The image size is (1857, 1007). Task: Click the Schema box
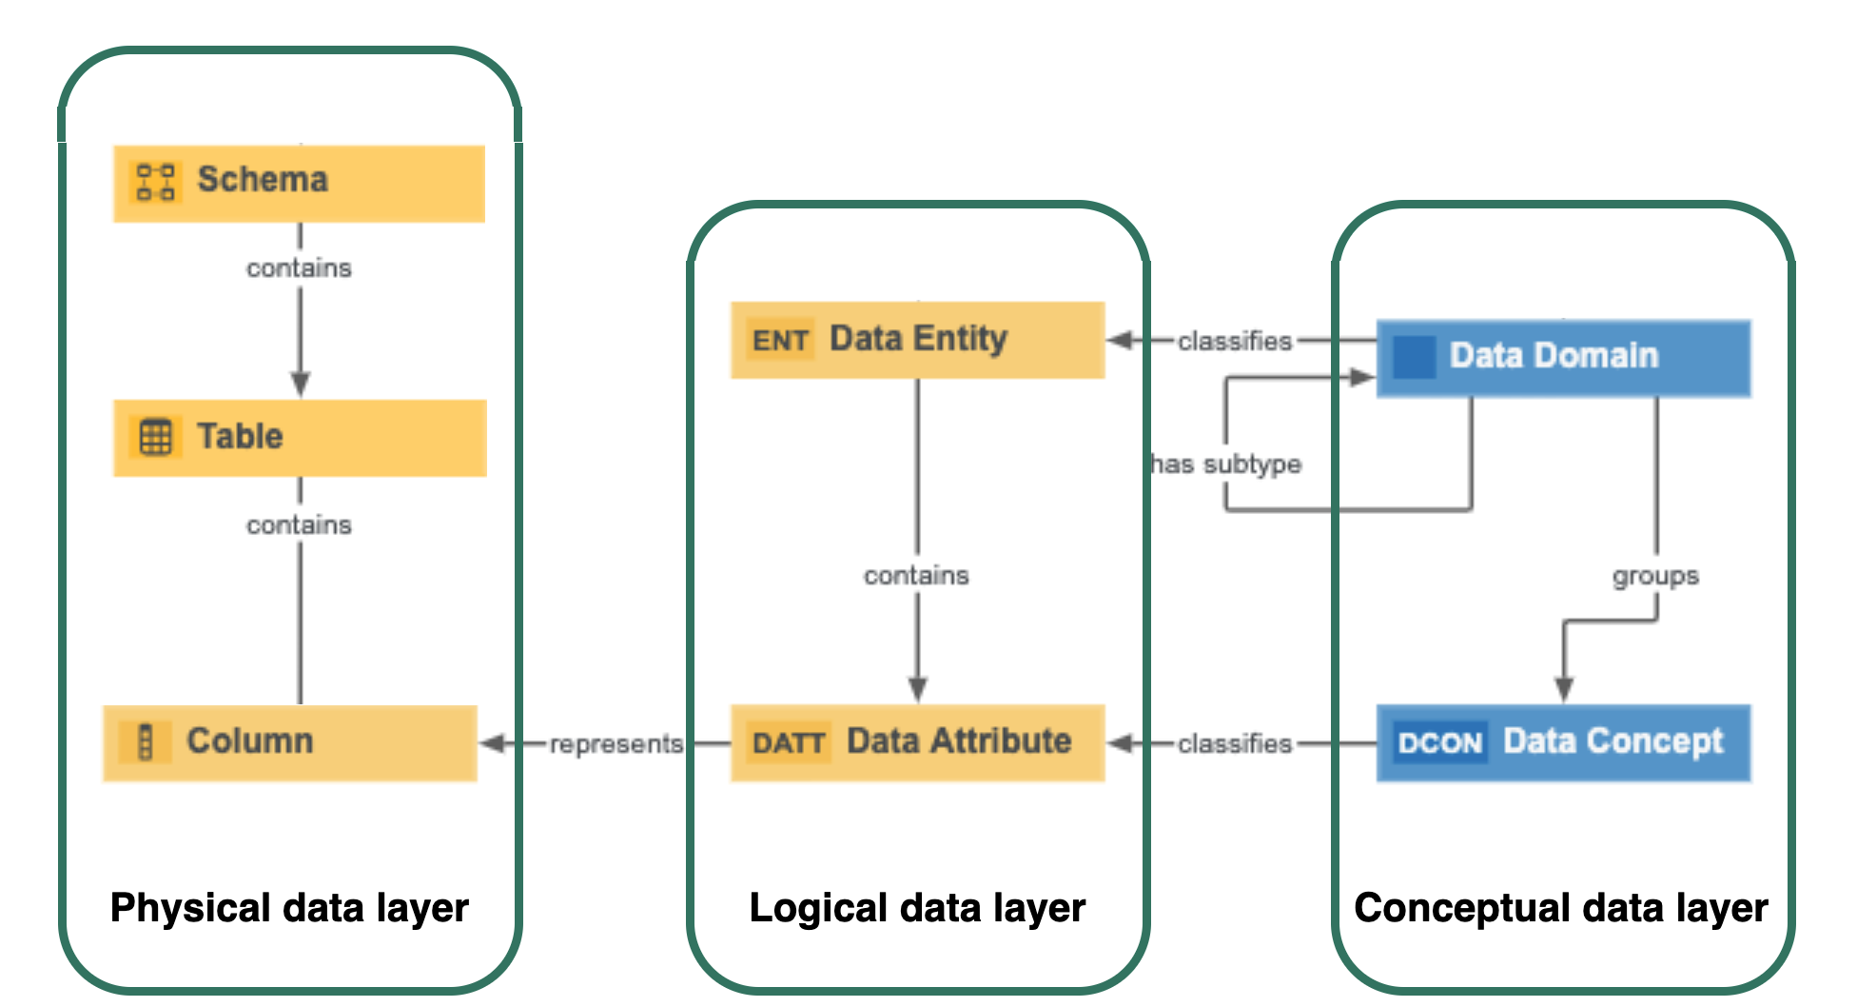pyautogui.click(x=299, y=183)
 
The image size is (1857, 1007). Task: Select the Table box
pyautogui.click(x=299, y=438)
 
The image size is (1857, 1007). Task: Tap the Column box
pyautogui.click(x=289, y=742)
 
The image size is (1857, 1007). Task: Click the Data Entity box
pyautogui.click(x=917, y=340)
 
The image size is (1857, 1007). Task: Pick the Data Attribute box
pyautogui.click(x=917, y=742)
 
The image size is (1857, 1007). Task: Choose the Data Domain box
pyautogui.click(x=1563, y=358)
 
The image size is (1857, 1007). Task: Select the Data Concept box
pyautogui.click(x=1563, y=742)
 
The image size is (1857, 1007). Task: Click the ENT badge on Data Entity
pyautogui.click(x=780, y=340)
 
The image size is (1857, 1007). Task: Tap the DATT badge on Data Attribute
pyautogui.click(x=788, y=742)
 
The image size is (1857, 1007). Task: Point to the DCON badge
pyautogui.click(x=1440, y=742)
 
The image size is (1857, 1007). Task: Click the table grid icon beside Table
pyautogui.click(x=156, y=438)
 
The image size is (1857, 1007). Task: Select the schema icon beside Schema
pyautogui.click(x=156, y=182)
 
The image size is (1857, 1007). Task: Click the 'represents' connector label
pyautogui.click(x=616, y=743)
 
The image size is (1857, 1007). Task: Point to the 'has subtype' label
pyautogui.click(x=1226, y=464)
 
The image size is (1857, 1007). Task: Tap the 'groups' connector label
pyautogui.click(x=1655, y=576)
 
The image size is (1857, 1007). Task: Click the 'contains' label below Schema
pyautogui.click(x=299, y=268)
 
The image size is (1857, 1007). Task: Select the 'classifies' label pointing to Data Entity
pyautogui.click(x=1235, y=341)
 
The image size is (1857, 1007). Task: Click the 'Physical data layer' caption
pyautogui.click(x=289, y=908)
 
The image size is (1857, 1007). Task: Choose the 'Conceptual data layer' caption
pyautogui.click(x=1560, y=908)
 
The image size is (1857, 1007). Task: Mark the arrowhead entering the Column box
pyautogui.click(x=493, y=743)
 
